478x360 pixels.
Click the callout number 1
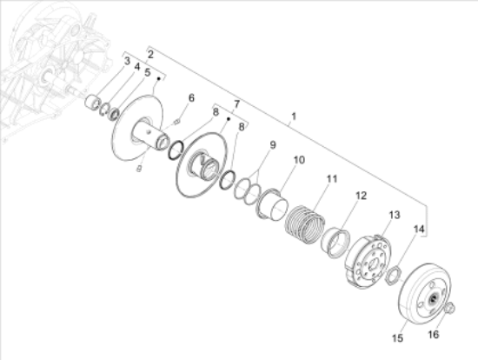pyautogui.click(x=294, y=117)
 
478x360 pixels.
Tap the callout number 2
pyautogui.click(x=150, y=55)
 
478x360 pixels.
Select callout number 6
pyautogui.click(x=191, y=98)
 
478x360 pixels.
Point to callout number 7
pyautogui.click(x=236, y=104)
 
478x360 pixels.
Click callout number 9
pyautogui.click(x=273, y=145)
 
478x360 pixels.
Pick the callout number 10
pyautogui.click(x=299, y=160)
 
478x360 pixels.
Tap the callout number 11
pyautogui.click(x=332, y=179)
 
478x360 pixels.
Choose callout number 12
pyautogui.click(x=361, y=196)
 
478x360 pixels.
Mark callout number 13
pyautogui.click(x=395, y=215)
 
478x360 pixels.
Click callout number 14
pyautogui.click(x=419, y=230)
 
